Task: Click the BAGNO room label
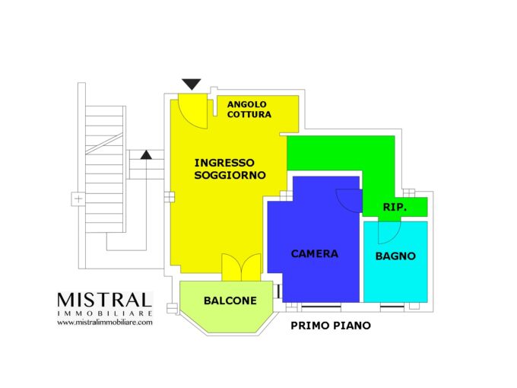(395, 256)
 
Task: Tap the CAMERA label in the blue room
(315, 253)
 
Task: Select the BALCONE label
(230, 301)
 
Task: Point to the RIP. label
(395, 207)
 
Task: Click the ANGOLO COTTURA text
(249, 110)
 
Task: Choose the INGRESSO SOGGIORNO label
(230, 169)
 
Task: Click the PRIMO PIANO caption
(331, 326)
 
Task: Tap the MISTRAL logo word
(104, 300)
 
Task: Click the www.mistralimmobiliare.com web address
(105, 323)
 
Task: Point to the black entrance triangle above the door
(192, 84)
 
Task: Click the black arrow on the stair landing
(146, 154)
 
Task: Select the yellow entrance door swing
(193, 111)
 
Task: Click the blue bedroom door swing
(349, 201)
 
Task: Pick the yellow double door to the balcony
(241, 267)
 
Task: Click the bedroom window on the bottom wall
(321, 307)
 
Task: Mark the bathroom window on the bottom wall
(392, 307)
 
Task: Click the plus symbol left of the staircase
(78, 199)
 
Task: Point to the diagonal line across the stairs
(104, 144)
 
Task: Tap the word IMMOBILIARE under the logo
(104, 313)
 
